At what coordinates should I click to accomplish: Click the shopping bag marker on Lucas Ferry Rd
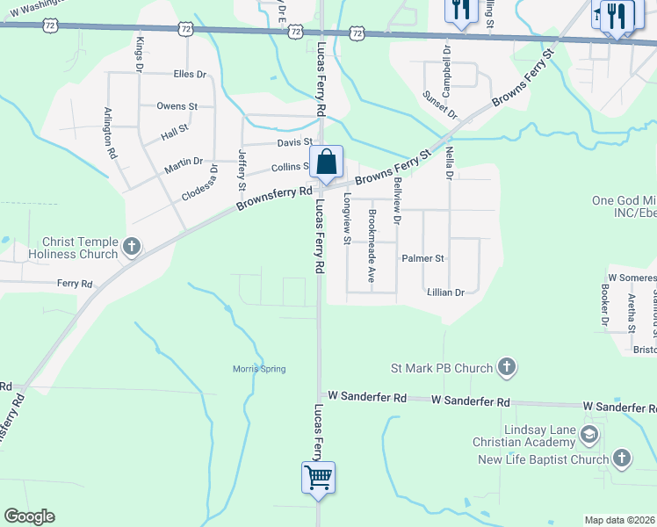tap(326, 162)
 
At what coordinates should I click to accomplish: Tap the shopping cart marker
tap(318, 479)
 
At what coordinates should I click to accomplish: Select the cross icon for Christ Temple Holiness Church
tap(132, 247)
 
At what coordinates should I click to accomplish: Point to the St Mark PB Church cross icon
tap(507, 367)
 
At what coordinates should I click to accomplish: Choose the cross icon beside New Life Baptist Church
tap(621, 458)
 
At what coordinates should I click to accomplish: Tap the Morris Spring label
tap(259, 369)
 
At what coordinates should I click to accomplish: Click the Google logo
tap(29, 516)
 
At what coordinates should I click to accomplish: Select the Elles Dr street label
tap(190, 75)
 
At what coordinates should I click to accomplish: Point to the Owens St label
tap(177, 106)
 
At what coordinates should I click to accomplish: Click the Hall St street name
tap(175, 133)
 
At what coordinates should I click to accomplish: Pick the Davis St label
tap(294, 141)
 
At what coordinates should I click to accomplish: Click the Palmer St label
tap(423, 259)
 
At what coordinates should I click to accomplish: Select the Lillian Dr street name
tap(445, 292)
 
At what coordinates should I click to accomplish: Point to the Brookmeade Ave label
tap(372, 250)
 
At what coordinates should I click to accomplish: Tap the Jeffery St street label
tap(242, 170)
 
